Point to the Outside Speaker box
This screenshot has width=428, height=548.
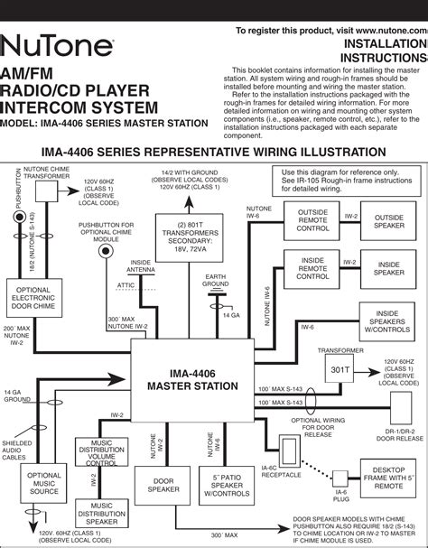pos(389,222)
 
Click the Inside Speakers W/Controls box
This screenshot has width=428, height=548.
pos(389,320)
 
